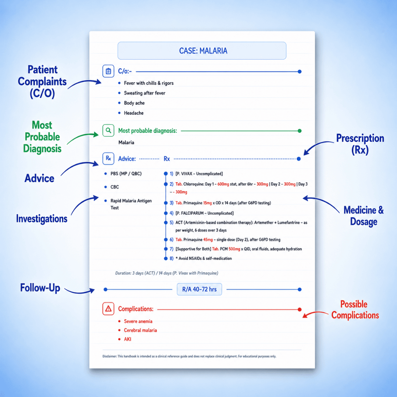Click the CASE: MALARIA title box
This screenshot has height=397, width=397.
(x=202, y=51)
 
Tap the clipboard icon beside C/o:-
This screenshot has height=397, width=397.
(x=108, y=71)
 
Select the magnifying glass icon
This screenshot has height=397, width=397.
(x=108, y=130)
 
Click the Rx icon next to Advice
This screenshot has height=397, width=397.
(x=108, y=158)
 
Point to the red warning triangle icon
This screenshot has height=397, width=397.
(x=108, y=309)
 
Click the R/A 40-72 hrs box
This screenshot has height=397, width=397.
(x=199, y=289)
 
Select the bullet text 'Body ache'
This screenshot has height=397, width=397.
(x=134, y=103)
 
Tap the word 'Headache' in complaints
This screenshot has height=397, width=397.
(x=134, y=113)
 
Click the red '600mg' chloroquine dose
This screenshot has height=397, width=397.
(x=223, y=184)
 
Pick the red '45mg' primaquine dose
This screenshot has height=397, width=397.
(x=208, y=240)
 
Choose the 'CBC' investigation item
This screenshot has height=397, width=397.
(x=115, y=187)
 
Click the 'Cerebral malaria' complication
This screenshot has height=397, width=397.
(x=140, y=330)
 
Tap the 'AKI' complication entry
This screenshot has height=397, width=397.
(x=127, y=339)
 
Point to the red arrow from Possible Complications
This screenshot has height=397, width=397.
(x=315, y=314)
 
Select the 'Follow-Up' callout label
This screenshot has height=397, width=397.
(x=40, y=288)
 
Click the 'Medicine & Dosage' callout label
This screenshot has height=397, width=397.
(x=364, y=216)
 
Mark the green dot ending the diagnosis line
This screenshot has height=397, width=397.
(x=300, y=131)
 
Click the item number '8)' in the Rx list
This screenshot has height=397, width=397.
(x=171, y=258)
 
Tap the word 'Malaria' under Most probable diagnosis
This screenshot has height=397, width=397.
(x=126, y=143)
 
